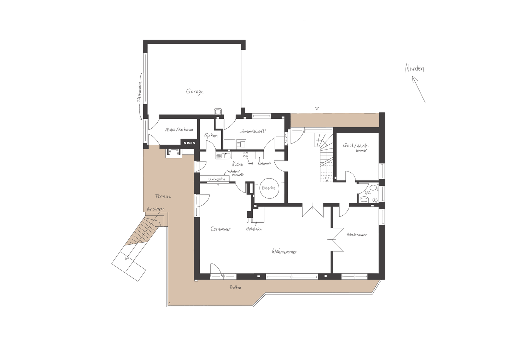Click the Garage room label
[195, 92]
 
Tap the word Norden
[414, 68]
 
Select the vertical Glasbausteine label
[140, 92]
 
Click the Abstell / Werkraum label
[179, 130]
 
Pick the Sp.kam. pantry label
[211, 135]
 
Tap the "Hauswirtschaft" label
[252, 131]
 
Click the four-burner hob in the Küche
[246, 155]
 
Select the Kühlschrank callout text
[264, 163]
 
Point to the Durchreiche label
[217, 179]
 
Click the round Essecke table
[269, 188]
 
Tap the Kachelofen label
[254, 229]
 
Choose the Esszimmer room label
[220, 229]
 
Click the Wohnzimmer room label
[284, 251]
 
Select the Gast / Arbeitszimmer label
[356, 147]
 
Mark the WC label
[368, 193]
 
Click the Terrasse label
[163, 196]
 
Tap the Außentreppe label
[156, 209]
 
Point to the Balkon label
[235, 288]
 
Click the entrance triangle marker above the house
[317, 108]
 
